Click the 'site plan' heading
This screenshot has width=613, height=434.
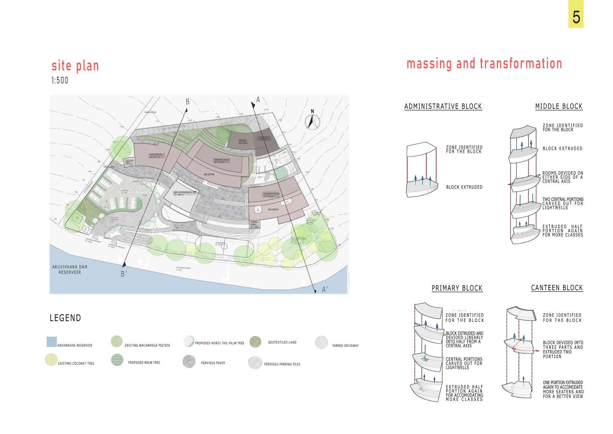(x=75, y=66)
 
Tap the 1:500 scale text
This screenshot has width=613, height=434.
(x=60, y=80)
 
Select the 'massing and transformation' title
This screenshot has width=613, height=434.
(x=484, y=64)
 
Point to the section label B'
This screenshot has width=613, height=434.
(x=123, y=274)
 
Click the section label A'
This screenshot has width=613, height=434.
(x=325, y=290)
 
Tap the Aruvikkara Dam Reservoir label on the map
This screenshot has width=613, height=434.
(x=70, y=269)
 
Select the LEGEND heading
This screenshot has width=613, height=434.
(x=65, y=318)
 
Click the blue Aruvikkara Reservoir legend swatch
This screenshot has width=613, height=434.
(x=51, y=342)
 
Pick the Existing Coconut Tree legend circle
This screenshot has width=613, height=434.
(x=51, y=359)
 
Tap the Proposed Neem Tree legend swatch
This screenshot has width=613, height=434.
(x=117, y=360)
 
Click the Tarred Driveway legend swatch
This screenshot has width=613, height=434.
(x=321, y=342)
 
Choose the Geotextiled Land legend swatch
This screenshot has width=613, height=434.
(x=255, y=342)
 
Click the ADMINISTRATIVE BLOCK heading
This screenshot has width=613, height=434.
(x=443, y=106)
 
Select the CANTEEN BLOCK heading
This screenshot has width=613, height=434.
(x=557, y=288)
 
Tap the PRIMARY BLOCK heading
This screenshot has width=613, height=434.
(x=457, y=288)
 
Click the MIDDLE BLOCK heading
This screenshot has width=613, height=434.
(x=558, y=106)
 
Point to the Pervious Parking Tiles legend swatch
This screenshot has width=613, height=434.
(x=255, y=363)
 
